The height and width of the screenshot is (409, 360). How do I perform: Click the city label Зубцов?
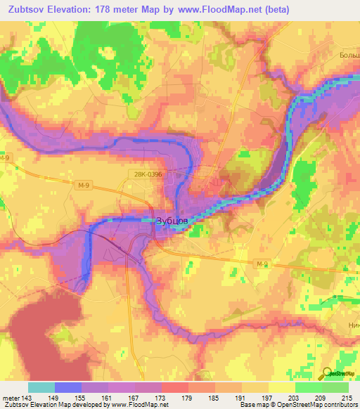click(171, 221)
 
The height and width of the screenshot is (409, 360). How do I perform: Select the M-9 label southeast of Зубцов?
click(262, 263)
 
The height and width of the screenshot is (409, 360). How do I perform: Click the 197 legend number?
click(267, 397)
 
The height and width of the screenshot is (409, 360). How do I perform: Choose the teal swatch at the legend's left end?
click(41, 387)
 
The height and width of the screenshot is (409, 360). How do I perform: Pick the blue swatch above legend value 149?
click(68, 387)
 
